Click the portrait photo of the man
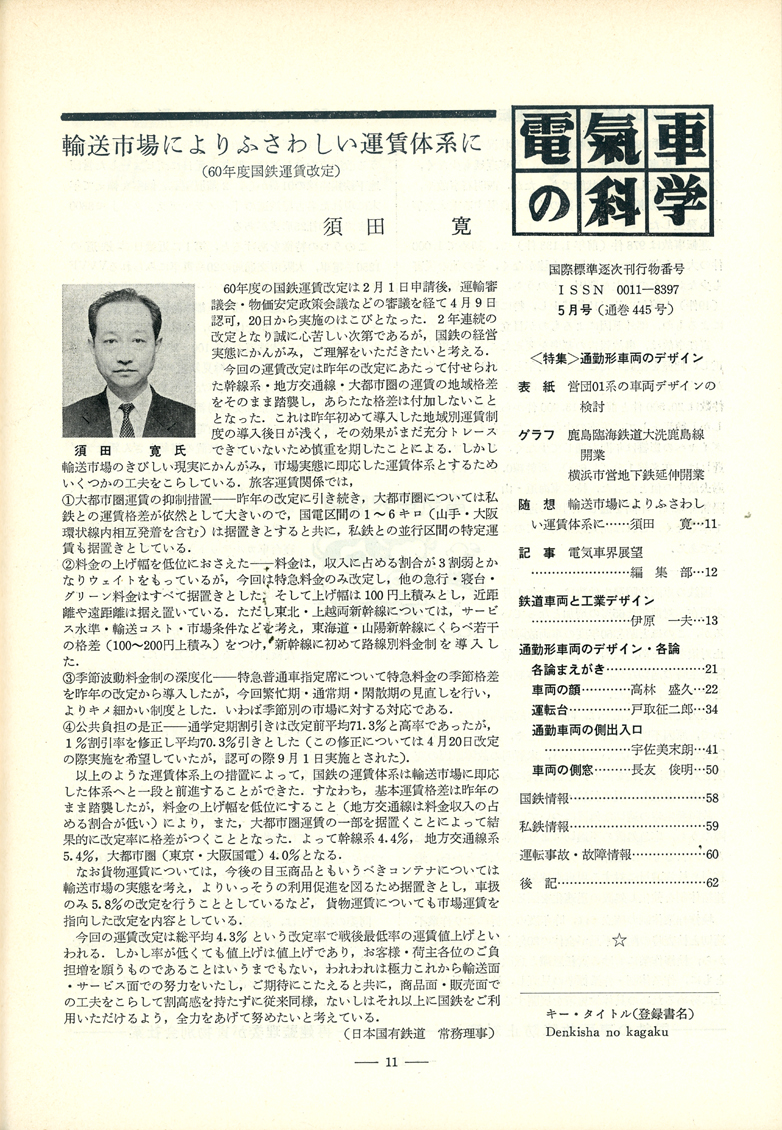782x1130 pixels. click(129, 362)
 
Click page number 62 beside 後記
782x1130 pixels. click(712, 882)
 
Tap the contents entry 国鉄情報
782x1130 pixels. click(545, 798)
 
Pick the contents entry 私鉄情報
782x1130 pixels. click(545, 826)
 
